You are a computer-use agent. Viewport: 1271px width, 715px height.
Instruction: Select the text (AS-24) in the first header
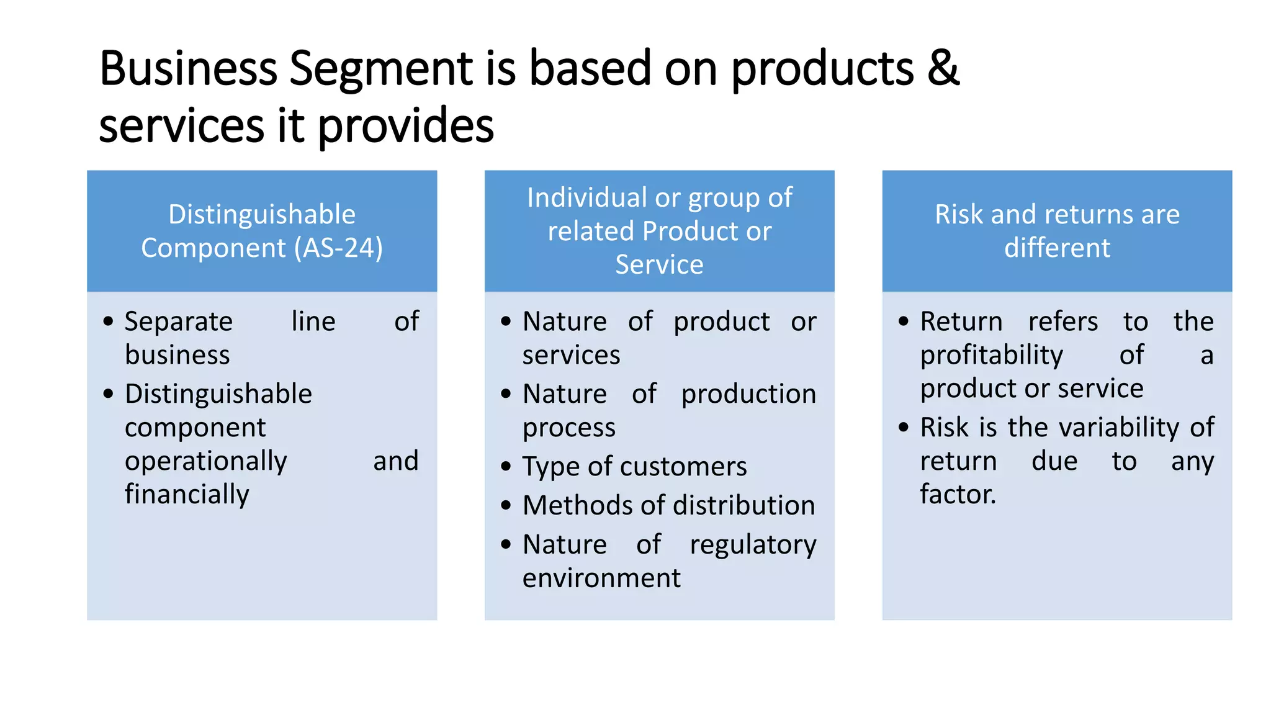click(x=338, y=248)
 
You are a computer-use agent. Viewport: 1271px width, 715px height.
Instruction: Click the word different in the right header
click(x=1057, y=248)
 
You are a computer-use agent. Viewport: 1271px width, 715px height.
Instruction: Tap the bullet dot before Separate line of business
click(x=109, y=322)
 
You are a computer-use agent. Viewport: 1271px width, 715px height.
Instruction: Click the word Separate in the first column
click(x=179, y=322)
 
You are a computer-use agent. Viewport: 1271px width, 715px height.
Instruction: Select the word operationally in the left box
click(x=205, y=461)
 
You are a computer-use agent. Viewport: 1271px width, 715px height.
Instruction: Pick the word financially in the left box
click(x=187, y=495)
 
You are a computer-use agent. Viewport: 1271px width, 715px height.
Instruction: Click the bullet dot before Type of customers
click(x=506, y=467)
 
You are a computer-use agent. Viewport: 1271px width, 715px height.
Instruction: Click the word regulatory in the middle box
click(x=753, y=545)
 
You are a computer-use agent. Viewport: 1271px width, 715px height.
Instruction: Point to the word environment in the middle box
click(x=601, y=578)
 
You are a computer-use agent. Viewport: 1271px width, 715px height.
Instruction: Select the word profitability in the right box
click(x=991, y=355)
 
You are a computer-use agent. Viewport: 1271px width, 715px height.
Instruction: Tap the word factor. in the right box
click(x=958, y=495)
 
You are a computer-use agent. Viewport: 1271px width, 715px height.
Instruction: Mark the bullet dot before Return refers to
click(x=904, y=322)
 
